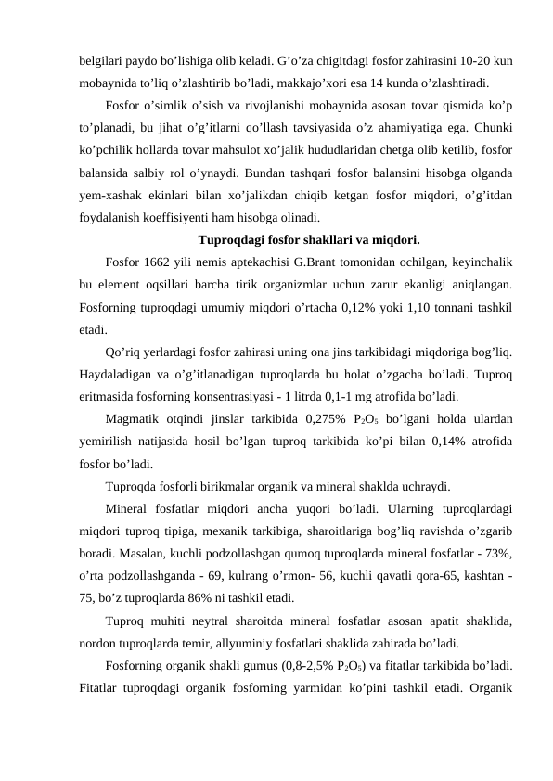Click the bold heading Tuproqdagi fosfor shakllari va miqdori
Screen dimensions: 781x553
coord(294,236)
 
